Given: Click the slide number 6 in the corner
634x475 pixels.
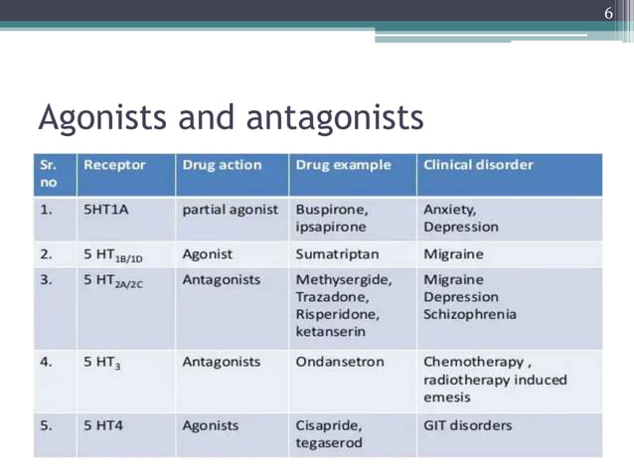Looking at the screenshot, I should point(609,13).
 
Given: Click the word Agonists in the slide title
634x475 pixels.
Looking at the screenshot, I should point(104,118).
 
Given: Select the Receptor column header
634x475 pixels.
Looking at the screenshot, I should point(114,165).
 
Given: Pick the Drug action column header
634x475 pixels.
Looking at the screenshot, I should point(222,165).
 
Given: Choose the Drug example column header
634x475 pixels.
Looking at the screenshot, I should point(343,165).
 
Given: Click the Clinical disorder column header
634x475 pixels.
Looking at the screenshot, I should point(478,165).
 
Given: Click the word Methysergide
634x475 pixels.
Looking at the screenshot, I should point(344,279).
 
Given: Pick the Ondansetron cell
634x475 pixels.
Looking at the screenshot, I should point(340,362).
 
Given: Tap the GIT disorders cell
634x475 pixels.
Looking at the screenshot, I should point(468,425).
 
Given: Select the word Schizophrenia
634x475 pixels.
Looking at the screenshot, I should point(470,315).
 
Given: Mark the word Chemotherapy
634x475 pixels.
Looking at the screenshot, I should point(471,362).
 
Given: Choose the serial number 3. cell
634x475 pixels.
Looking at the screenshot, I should point(47,279).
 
